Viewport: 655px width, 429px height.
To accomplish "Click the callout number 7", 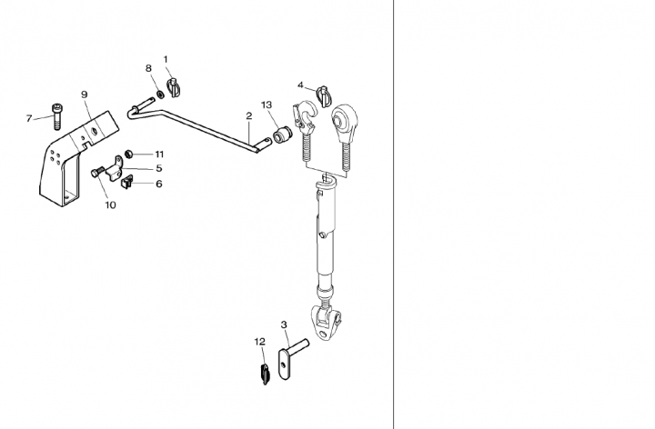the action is (29, 118).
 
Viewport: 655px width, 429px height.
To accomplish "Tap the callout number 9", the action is (85, 95).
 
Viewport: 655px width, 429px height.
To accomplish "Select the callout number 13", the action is (267, 105).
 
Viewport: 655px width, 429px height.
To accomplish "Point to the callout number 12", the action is (260, 342).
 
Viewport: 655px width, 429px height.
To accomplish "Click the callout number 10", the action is (110, 205).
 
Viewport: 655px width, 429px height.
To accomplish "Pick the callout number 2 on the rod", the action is (249, 116).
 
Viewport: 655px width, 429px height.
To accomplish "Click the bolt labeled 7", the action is (56, 116).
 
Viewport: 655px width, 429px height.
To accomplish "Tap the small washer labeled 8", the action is (160, 95).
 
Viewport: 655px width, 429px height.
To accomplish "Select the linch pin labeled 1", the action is (173, 87).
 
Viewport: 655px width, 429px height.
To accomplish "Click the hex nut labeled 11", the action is (128, 154).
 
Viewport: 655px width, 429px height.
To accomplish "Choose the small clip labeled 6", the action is (126, 183).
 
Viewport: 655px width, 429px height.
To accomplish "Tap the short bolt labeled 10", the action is (97, 172).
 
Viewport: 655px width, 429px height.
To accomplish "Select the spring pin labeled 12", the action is (265, 374).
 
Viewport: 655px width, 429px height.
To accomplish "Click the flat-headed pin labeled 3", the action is (292, 358).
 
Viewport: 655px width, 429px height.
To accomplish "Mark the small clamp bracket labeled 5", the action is (115, 168).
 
